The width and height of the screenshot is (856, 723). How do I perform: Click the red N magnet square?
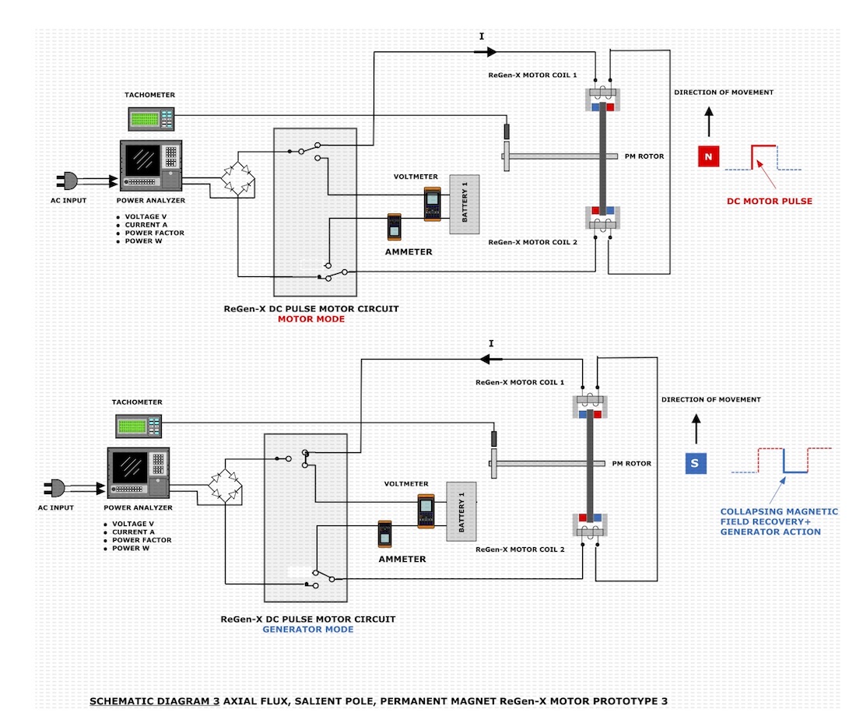(707, 157)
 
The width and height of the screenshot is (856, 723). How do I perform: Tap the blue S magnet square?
(695, 464)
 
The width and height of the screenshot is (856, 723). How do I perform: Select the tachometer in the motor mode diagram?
(151, 118)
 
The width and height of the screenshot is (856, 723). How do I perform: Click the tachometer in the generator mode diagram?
(139, 425)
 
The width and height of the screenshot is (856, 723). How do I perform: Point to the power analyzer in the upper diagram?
(151, 165)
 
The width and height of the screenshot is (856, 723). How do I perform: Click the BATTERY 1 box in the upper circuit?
(464, 204)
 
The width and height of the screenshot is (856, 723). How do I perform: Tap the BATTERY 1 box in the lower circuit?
(461, 511)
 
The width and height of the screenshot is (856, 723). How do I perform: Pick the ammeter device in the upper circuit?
(395, 227)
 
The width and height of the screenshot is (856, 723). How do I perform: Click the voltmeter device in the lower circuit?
(425, 511)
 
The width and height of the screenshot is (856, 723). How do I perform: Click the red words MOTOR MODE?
(311, 319)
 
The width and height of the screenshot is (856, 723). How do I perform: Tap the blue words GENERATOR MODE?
(308, 629)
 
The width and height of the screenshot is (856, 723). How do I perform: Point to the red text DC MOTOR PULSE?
(769, 201)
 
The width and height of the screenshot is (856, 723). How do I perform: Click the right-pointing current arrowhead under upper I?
(491, 52)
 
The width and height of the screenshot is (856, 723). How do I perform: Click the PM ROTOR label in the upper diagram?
(644, 156)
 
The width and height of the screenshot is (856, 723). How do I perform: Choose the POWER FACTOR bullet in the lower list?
(143, 540)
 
